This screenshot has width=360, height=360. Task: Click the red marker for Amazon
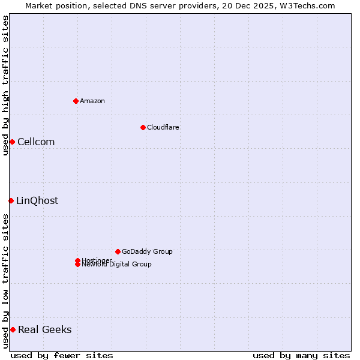[76, 101]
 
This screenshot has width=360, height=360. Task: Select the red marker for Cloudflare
[143, 127]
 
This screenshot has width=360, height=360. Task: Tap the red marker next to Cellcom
[12, 142]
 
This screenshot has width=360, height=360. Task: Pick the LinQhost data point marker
[11, 200]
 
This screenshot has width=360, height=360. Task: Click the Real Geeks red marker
[13, 329]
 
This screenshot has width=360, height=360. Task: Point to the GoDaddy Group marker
[118, 251]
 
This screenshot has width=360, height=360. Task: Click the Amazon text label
[92, 101]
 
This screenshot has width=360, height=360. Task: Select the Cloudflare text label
[163, 127]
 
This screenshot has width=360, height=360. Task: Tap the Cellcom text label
[36, 142]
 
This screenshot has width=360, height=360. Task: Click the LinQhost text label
[37, 200]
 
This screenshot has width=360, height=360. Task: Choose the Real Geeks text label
[45, 329]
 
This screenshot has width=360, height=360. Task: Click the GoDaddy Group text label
[147, 251]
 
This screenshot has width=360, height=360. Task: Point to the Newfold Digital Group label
[117, 265]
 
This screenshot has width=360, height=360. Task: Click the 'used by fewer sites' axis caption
[62, 355]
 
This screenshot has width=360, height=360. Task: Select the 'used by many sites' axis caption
[301, 355]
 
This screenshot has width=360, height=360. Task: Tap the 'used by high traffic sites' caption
[5, 86]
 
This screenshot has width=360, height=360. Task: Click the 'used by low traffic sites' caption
[5, 281]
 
